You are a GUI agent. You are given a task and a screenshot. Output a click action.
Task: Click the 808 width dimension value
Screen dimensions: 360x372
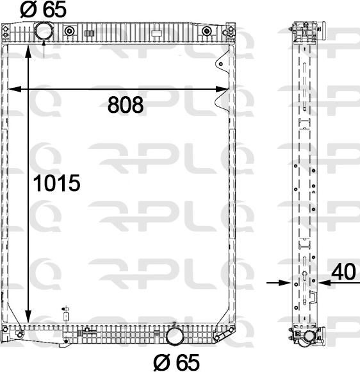tap(126, 105)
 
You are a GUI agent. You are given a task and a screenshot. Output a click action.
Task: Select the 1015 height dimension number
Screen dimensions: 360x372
tap(56, 183)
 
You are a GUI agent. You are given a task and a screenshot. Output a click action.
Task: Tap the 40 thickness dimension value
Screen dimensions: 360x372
tap(343, 272)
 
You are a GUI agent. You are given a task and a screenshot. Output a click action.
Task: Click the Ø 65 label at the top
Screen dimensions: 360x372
tap(43, 10)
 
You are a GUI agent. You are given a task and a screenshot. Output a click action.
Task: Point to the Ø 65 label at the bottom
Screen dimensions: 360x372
tap(177, 362)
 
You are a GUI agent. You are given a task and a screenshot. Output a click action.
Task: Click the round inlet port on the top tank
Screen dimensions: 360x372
tap(43, 31)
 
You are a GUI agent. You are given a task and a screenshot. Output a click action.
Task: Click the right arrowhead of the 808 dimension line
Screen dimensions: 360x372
tap(222, 89)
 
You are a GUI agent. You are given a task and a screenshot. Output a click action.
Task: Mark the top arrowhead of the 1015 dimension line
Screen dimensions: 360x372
tap(28, 51)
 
